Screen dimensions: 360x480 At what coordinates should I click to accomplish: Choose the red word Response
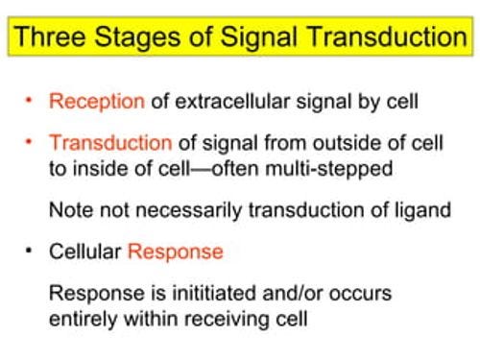[x=175, y=252]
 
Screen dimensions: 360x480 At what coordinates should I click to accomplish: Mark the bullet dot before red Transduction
[x=30, y=140]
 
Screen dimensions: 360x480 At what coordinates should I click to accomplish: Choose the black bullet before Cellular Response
[x=30, y=252]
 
